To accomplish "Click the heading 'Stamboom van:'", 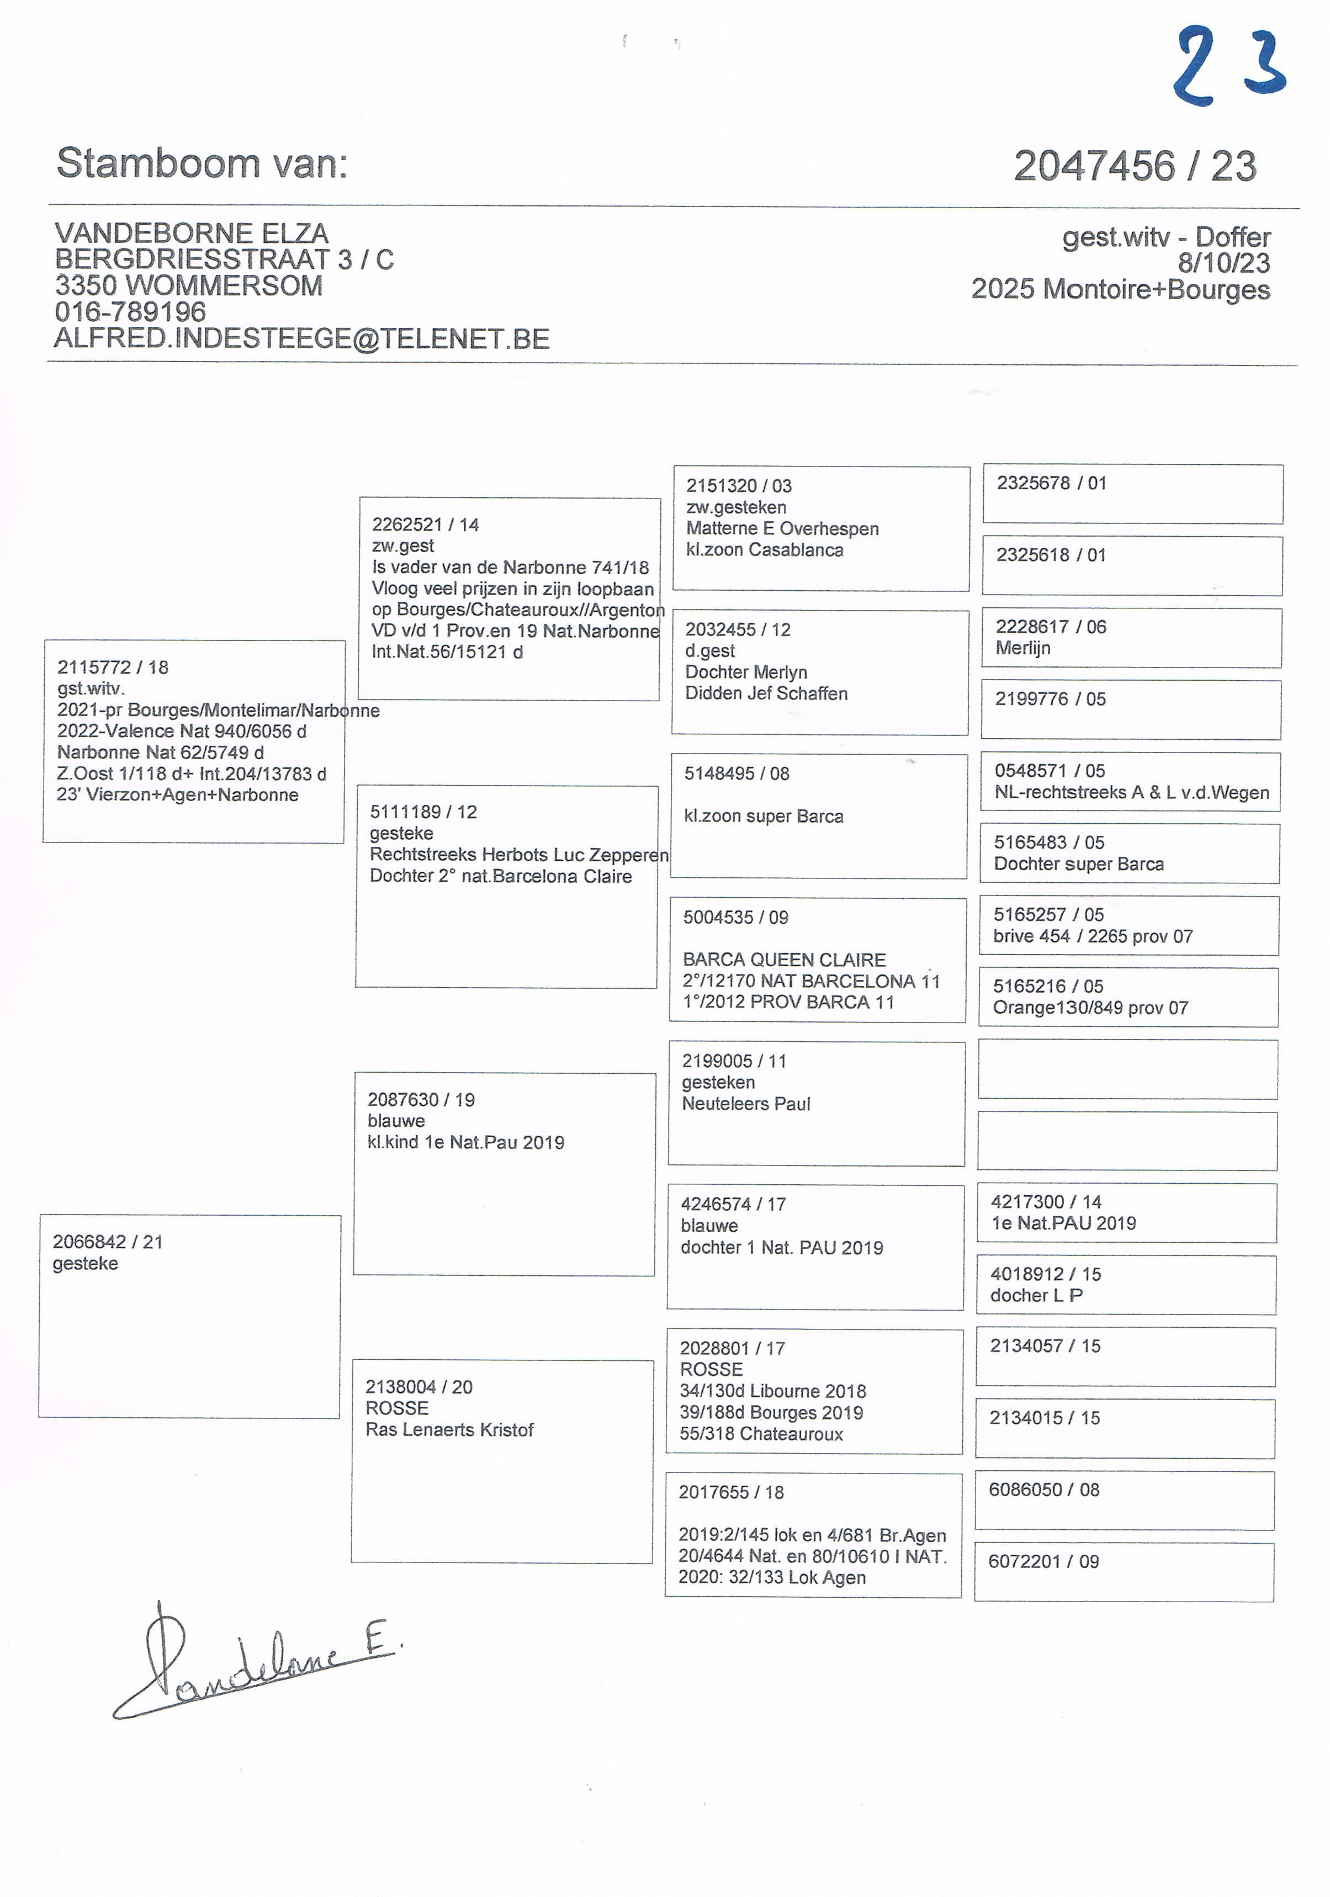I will [203, 163].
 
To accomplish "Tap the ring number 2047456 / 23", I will [1134, 166].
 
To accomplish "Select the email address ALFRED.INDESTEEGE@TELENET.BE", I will [301, 339].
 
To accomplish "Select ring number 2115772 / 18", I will [112, 667].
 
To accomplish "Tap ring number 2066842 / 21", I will [108, 1242].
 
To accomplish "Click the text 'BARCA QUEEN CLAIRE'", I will [784, 959].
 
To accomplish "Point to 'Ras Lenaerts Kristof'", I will [449, 1429].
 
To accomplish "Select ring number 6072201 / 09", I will [1043, 1561].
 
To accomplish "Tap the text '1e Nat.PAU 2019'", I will [1063, 1223].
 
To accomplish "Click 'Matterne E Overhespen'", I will [782, 529].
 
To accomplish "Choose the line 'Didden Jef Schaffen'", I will [766, 693].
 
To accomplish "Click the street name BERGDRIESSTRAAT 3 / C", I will [224, 259].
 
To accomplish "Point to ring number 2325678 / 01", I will [1051, 483].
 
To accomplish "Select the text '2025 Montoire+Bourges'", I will [1120, 289].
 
